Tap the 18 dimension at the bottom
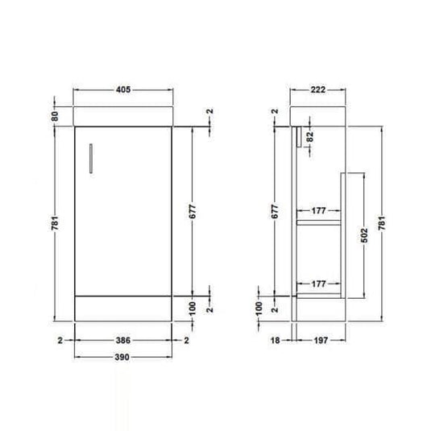(276, 341)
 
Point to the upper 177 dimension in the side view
(321, 211)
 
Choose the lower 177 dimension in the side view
(321, 283)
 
